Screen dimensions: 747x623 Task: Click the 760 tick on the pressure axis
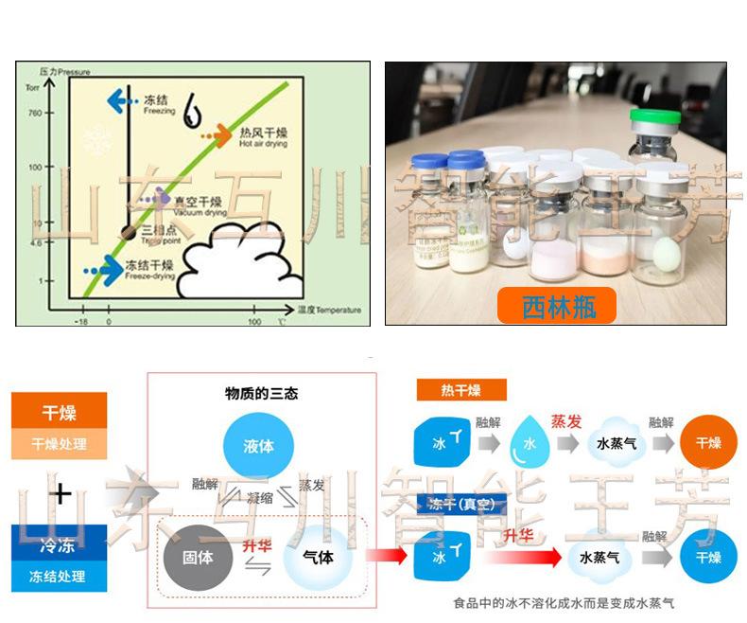pyautogui.click(x=35, y=113)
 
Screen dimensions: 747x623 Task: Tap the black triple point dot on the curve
pyautogui.click(x=130, y=233)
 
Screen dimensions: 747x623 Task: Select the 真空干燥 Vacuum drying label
pyautogui.click(x=198, y=205)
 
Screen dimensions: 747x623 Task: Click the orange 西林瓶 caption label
pyautogui.click(x=556, y=306)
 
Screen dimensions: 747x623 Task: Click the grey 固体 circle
pyautogui.click(x=198, y=557)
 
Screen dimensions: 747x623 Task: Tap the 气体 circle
pyautogui.click(x=318, y=557)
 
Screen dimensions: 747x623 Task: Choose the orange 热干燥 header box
pyautogui.click(x=460, y=390)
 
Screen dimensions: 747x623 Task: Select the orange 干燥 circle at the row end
pyautogui.click(x=708, y=442)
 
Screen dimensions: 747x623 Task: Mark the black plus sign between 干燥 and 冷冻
pyautogui.click(x=61, y=492)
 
